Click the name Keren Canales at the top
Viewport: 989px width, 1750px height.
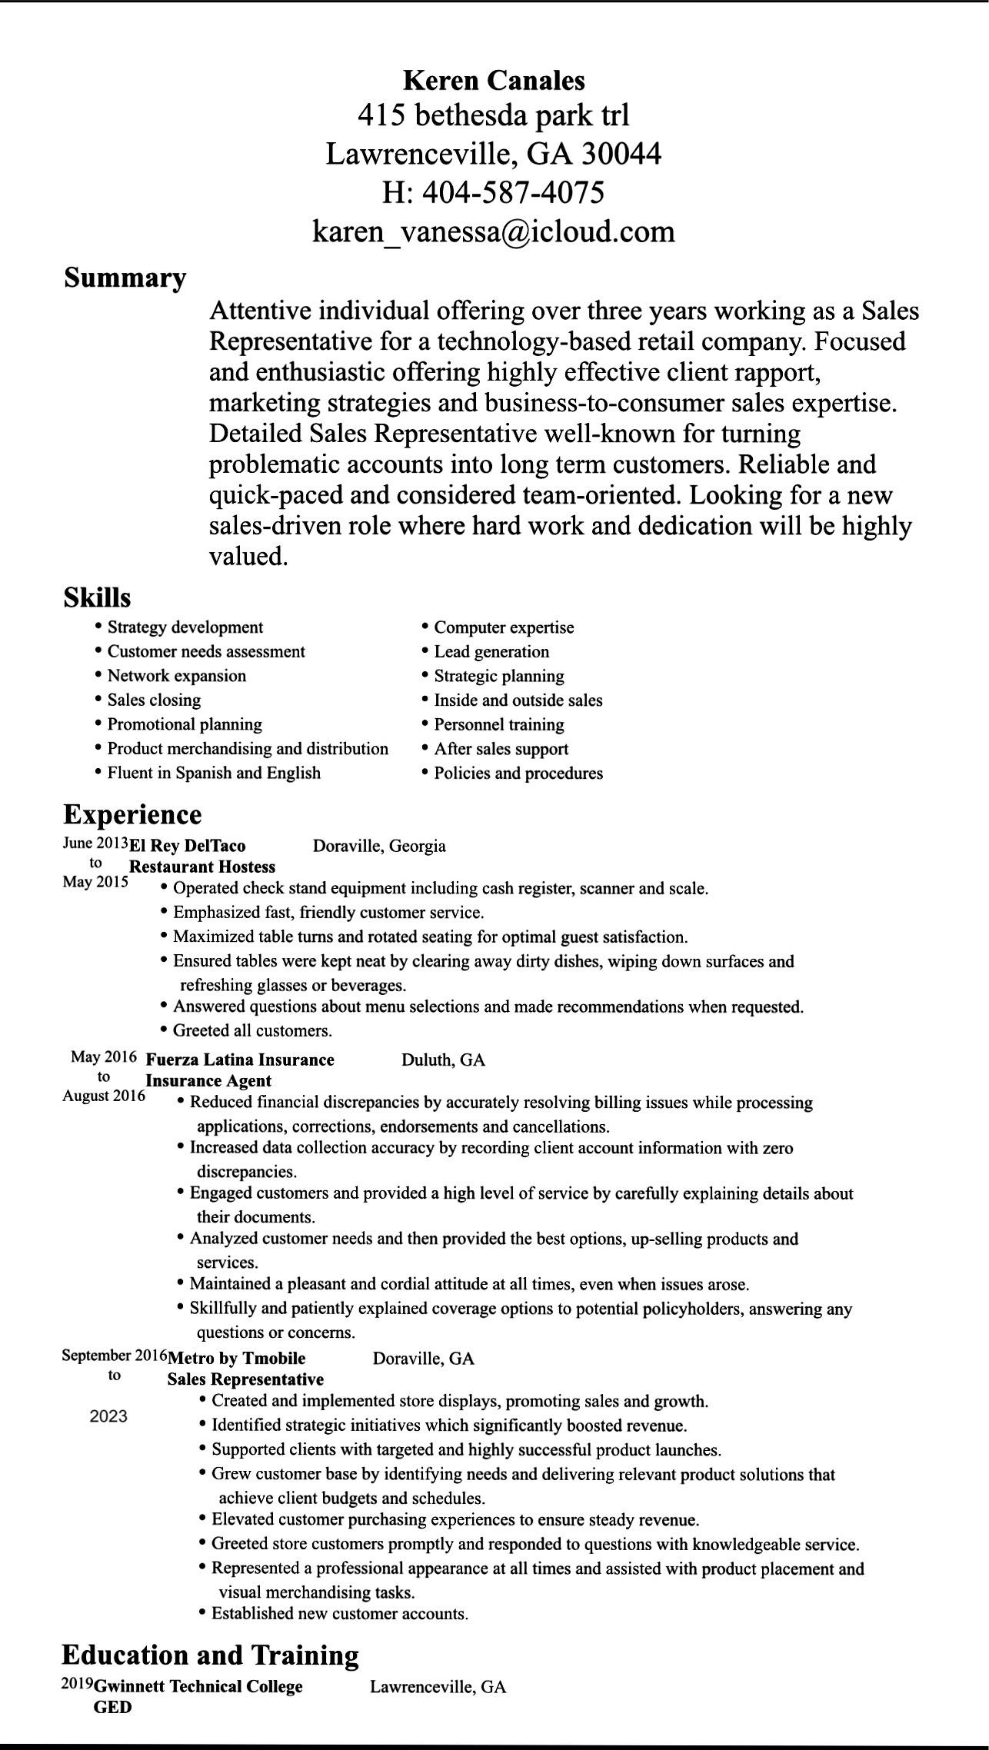494,80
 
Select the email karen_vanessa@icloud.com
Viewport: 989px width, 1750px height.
494,231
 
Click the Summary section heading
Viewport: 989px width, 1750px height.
125,278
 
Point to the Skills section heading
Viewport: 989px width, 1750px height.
97,597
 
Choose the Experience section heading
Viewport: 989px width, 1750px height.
132,814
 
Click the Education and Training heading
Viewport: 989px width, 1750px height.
210,1655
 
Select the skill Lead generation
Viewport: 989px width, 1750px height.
491,652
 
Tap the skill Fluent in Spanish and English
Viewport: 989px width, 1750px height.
214,773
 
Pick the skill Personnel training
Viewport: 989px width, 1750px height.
498,724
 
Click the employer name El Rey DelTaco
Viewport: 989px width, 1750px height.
188,846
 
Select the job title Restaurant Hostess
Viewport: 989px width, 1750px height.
202,867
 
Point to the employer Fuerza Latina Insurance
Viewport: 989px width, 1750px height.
240,1060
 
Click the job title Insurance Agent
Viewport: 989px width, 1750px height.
208,1080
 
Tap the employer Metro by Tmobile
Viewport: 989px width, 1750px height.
237,1358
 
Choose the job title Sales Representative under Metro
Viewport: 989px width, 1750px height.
245,1379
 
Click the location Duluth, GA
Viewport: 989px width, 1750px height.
443,1060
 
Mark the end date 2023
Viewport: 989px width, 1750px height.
108,1416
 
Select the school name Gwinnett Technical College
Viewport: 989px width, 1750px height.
198,1687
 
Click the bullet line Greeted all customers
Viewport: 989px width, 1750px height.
252,1030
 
